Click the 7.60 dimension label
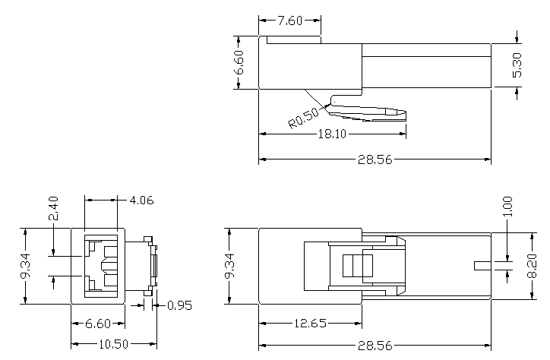pyautogui.click(x=289, y=21)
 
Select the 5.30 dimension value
pyautogui.click(x=517, y=65)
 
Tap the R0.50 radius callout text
pyautogui.click(x=303, y=118)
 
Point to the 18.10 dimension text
pyautogui.click(x=332, y=134)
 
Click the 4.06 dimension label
pyautogui.click(x=141, y=201)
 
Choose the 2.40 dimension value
pyautogui.click(x=53, y=208)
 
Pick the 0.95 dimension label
pyautogui.click(x=179, y=305)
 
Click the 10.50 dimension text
pyautogui.click(x=114, y=344)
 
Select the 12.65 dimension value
pyautogui.click(x=310, y=324)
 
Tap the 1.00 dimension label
pyautogui.click(x=507, y=207)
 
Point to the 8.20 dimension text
pyautogui.click(x=532, y=266)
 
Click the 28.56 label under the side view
pyautogui.click(x=375, y=159)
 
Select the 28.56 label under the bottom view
pyautogui.click(x=375, y=346)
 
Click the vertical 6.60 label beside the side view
pyautogui.click(x=239, y=62)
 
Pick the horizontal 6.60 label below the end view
pyautogui.click(x=98, y=324)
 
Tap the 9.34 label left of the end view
pyautogui.click(x=25, y=265)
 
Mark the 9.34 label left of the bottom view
pyautogui.click(x=229, y=266)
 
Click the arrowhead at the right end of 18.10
pyautogui.click(x=403, y=134)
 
